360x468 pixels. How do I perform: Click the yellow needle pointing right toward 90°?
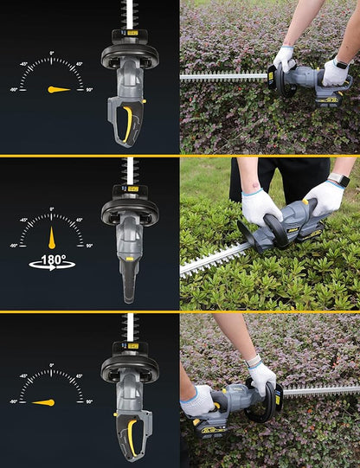pyautogui.click(x=60, y=89)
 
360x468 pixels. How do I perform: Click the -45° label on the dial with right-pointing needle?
pyautogui.click(x=24, y=63)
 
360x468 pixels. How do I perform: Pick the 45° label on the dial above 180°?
pyautogui.click(x=80, y=219)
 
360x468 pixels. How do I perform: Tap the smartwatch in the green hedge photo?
pyautogui.click(x=338, y=180)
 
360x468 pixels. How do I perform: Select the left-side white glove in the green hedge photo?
pyautogui.click(x=260, y=206)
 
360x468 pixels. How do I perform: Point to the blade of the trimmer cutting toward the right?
pyautogui.click(x=320, y=391)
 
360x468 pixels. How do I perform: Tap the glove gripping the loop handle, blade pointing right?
pyautogui.click(x=260, y=376)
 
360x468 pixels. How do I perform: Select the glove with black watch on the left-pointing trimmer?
pyautogui.click(x=336, y=73)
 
